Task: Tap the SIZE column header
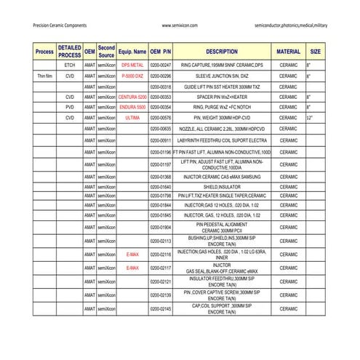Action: (x=316, y=52)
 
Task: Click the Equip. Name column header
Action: (x=132, y=52)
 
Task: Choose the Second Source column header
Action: (x=106, y=52)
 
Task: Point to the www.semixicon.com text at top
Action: (x=180, y=25)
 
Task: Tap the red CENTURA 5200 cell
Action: (x=132, y=97)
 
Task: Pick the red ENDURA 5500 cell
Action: (x=132, y=107)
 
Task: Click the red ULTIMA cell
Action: (x=132, y=117)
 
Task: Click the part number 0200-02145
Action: (x=161, y=309)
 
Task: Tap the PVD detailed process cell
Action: (x=70, y=107)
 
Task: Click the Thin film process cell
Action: (x=44, y=76)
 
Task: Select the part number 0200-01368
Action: (x=161, y=176)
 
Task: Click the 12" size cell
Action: (x=310, y=117)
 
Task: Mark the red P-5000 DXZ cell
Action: (x=132, y=76)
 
